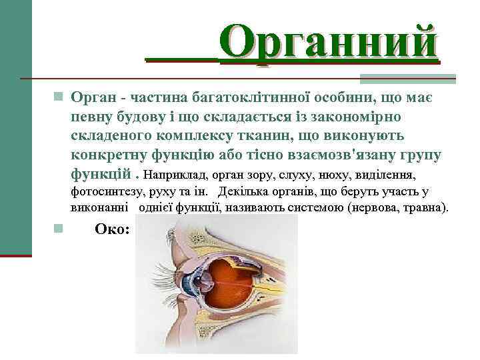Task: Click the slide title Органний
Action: pos(329,42)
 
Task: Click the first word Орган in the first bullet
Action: pos(93,98)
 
